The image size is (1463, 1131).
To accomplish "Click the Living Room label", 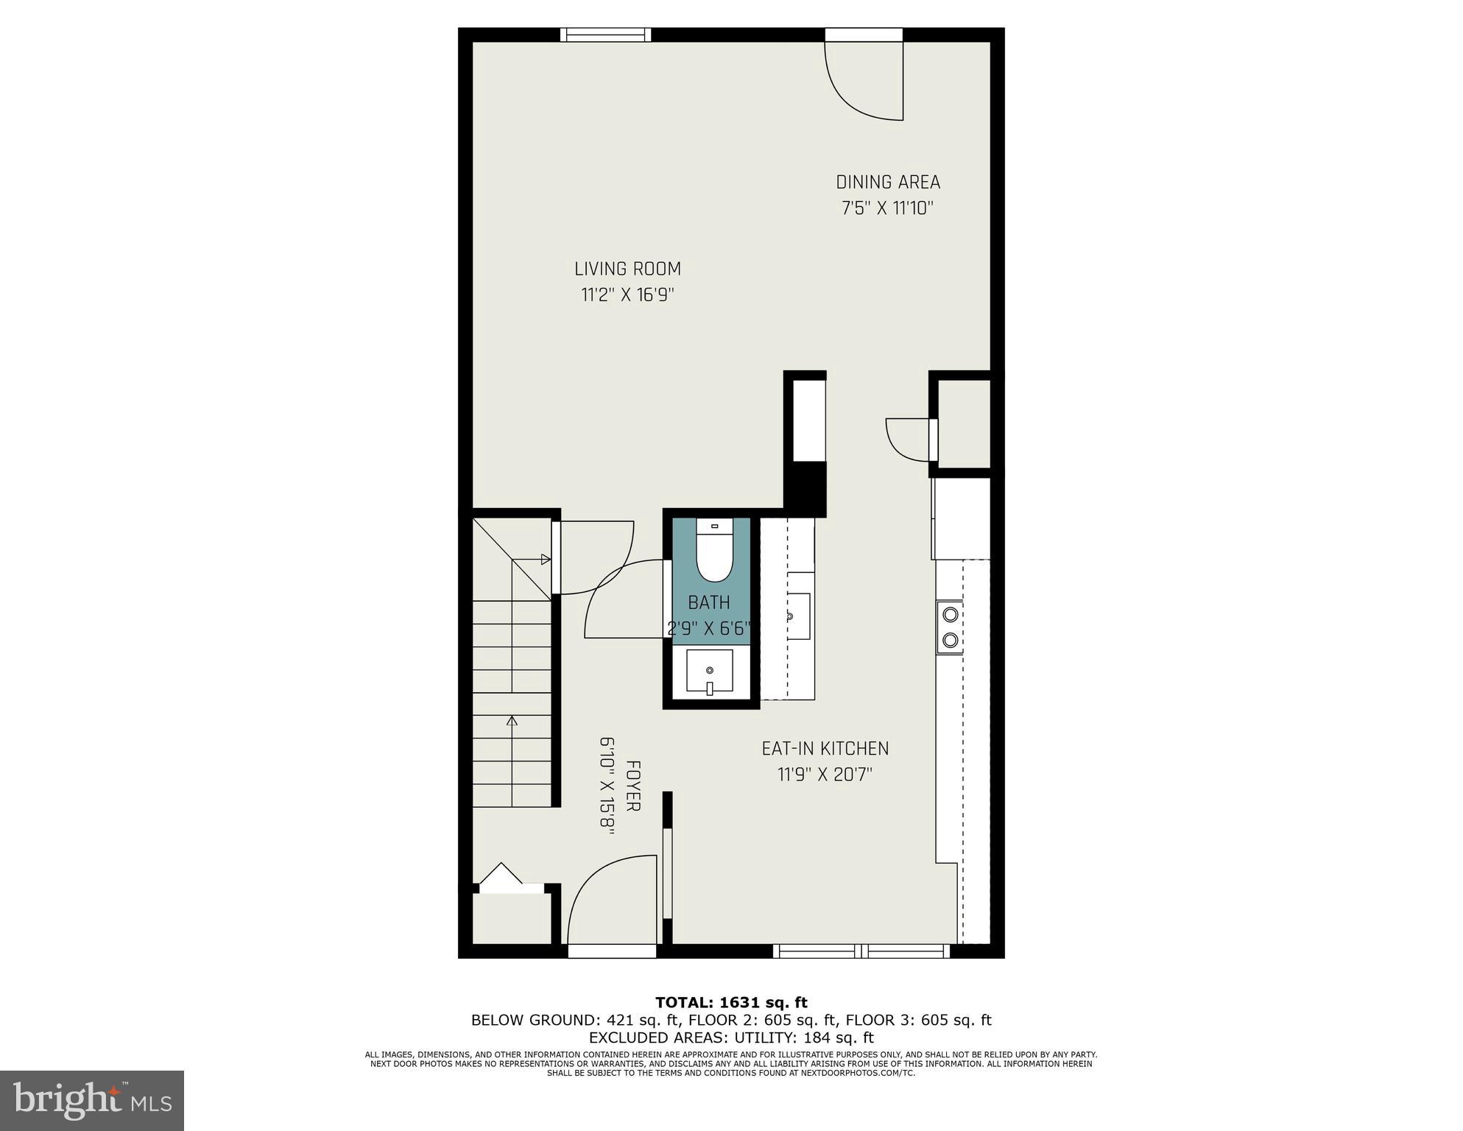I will click(x=627, y=269).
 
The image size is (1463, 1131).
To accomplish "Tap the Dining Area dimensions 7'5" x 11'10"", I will click(x=887, y=208).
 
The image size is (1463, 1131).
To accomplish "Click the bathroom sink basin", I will click(x=709, y=671).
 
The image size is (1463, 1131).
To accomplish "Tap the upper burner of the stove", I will click(x=949, y=613).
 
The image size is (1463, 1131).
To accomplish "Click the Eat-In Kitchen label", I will click(x=825, y=749).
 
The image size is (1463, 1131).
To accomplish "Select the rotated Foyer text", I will click(x=632, y=786).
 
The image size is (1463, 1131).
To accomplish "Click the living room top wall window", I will click(x=605, y=35).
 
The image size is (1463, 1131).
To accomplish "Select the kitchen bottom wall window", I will click(x=861, y=951).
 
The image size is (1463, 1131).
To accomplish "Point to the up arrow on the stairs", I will click(x=512, y=722).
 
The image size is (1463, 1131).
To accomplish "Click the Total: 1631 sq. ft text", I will click(x=730, y=1002).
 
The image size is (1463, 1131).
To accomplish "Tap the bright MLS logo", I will click(x=92, y=1101).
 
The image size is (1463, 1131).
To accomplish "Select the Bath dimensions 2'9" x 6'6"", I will click(x=708, y=628).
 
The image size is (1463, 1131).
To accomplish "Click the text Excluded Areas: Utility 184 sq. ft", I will click(x=730, y=1037).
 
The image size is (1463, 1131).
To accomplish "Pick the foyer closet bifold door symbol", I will click(x=501, y=877).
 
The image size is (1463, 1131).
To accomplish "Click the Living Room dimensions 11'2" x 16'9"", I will click(x=627, y=295).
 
